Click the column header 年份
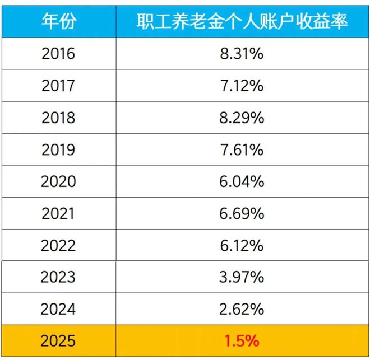pos(58,21)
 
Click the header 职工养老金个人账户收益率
pos(242,21)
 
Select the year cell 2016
pos(58,54)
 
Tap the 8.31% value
pos(242,54)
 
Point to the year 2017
pos(58,86)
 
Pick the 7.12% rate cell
pos(242,86)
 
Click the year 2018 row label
pos(58,118)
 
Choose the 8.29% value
pos(242,118)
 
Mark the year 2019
pos(58,150)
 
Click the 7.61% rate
pos(242,150)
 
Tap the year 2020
pos(58,181)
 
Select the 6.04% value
pos(242,181)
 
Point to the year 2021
pos(58,213)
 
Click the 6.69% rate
pos(242,213)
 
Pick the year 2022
pos(58,245)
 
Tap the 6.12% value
pos(242,245)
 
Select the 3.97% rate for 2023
pos(242,277)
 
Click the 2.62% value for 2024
pos(242,308)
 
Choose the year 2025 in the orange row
pos(58,340)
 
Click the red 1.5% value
pos(242,340)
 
